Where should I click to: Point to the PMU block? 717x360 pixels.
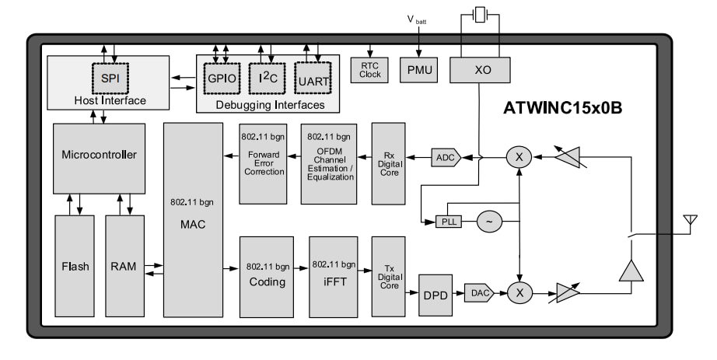(x=420, y=69)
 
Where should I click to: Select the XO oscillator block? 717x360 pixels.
(x=482, y=70)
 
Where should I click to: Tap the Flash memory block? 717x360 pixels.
(x=75, y=266)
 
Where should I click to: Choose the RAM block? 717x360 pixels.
(x=125, y=266)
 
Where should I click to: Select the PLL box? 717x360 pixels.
(x=449, y=222)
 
